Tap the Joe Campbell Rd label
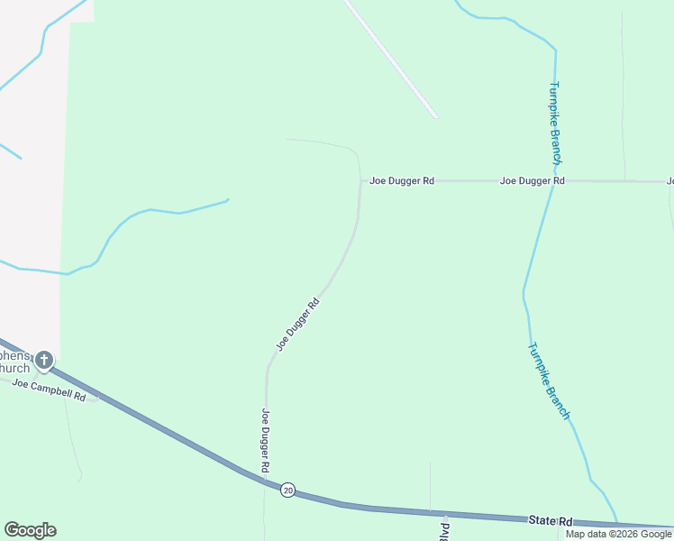(49, 390)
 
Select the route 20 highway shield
(287, 490)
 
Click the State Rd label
(551, 521)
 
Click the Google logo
(30, 530)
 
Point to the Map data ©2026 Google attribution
(618, 534)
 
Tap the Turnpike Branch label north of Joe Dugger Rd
(556, 122)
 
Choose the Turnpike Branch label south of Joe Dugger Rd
(549, 381)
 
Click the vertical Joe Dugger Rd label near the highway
(266, 441)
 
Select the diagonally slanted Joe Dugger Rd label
(298, 325)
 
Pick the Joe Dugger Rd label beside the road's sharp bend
(402, 181)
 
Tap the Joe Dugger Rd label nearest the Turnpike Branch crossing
(533, 181)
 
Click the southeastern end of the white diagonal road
(435, 116)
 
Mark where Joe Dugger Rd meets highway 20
(266, 481)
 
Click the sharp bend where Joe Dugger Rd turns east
(361, 181)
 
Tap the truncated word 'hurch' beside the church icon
(15, 368)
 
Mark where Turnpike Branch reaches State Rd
(618, 523)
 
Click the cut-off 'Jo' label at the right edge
(669, 181)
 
